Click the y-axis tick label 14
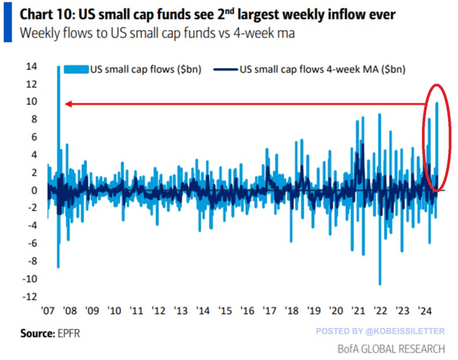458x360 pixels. click(32, 67)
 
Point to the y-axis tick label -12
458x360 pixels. click(30, 296)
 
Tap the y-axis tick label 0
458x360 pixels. click(34, 190)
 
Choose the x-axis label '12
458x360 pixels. click(159, 311)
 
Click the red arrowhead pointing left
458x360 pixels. click(68, 104)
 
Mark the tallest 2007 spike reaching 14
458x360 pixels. click(59, 74)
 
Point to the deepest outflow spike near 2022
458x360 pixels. click(380, 280)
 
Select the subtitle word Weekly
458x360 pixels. click(40, 32)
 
